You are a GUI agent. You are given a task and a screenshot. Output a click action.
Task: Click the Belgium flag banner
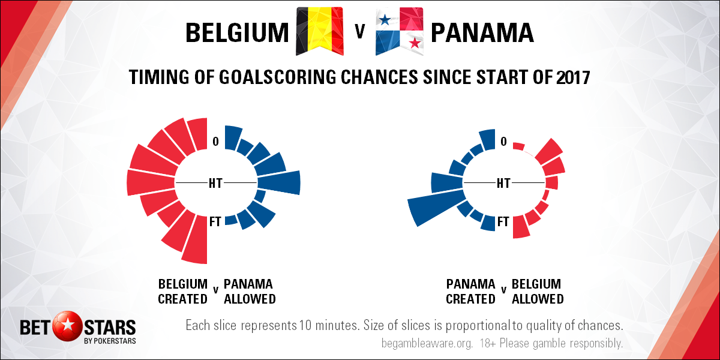click(320, 31)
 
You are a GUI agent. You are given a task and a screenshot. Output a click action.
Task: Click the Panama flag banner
click(400, 31)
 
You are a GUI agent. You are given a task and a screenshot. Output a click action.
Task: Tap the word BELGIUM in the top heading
click(237, 33)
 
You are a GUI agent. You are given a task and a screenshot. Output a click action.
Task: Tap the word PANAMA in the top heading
click(482, 33)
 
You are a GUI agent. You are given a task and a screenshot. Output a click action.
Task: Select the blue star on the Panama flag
click(385, 20)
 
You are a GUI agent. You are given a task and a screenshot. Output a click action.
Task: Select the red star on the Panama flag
click(415, 43)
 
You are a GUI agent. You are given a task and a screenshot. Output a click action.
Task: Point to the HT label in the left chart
click(215, 183)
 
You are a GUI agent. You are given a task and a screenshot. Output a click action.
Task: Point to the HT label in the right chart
click(503, 183)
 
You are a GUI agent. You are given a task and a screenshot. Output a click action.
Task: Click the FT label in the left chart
click(215, 221)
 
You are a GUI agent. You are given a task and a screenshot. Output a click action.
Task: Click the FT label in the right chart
click(503, 221)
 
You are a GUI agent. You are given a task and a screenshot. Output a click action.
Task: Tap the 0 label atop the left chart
click(215, 142)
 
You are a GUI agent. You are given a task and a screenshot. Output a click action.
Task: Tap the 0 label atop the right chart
click(503, 142)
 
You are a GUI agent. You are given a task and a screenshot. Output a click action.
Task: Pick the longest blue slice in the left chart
click(279, 182)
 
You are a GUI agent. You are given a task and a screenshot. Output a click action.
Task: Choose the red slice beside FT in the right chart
click(521, 227)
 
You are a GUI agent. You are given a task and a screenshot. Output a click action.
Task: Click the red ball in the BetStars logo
click(67, 326)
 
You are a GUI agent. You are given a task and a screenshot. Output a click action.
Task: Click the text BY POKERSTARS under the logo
click(110, 341)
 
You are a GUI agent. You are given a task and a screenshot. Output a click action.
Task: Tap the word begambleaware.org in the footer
click(427, 344)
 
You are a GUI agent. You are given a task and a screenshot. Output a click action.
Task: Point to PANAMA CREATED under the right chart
click(471, 292)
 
